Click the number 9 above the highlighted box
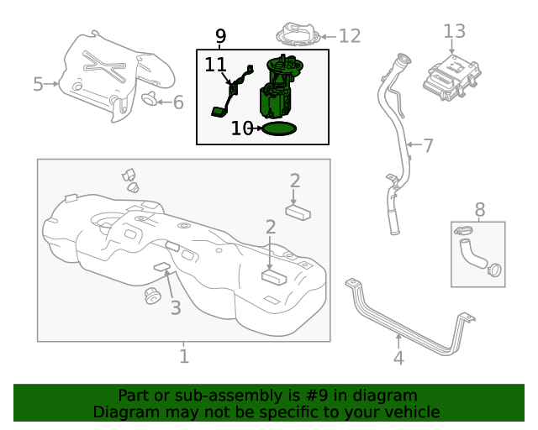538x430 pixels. [220, 36]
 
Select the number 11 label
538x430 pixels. [215, 65]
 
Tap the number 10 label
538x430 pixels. [242, 128]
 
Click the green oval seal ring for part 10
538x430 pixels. [278, 128]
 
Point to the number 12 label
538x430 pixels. [349, 35]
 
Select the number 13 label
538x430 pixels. [454, 31]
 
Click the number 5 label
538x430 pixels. [38, 83]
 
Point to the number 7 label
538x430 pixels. [428, 146]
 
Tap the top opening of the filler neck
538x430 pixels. [402, 59]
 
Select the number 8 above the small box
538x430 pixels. [480, 209]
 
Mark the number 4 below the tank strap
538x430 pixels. [398, 358]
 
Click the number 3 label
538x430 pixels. [175, 308]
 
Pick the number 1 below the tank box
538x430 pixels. [184, 357]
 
